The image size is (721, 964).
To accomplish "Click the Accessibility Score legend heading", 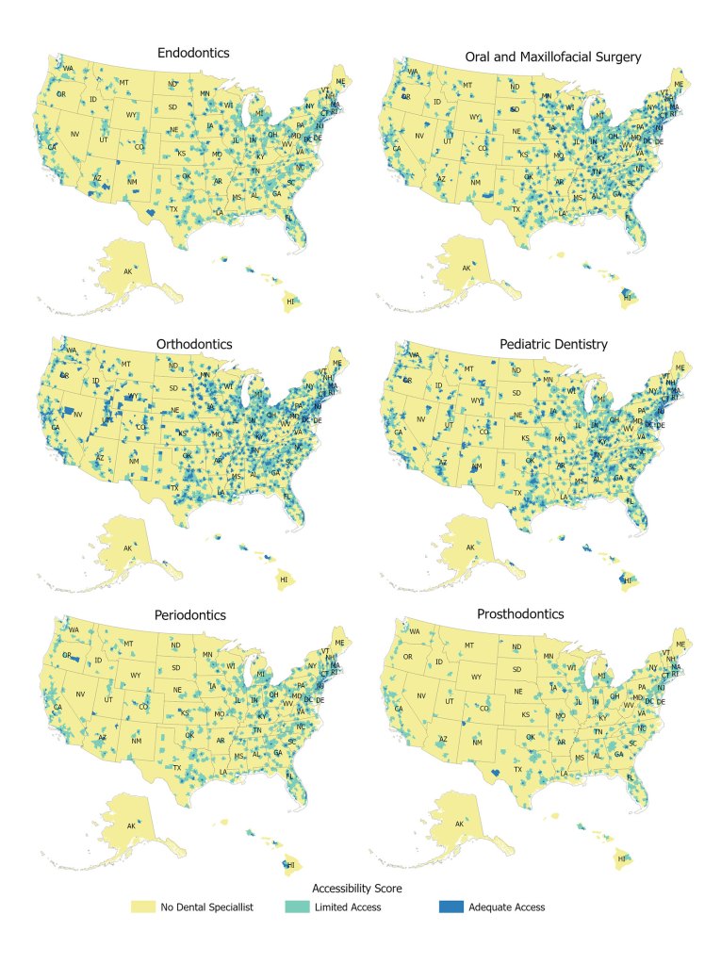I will (x=358, y=889).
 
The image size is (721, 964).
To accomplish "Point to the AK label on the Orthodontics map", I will (x=128, y=547).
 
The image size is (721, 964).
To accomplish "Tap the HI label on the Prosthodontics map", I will (x=621, y=859).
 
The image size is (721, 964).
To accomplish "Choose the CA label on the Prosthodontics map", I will (x=398, y=708).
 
